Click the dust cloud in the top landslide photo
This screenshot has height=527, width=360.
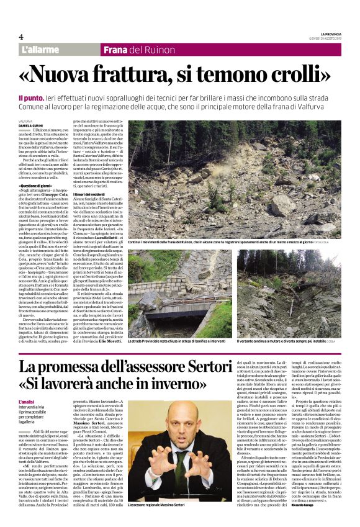pyautogui.click(x=292, y=149)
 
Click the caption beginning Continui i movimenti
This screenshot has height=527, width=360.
pyautogui.click(x=186, y=241)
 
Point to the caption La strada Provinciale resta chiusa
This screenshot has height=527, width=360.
pyautogui.click(x=180, y=341)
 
